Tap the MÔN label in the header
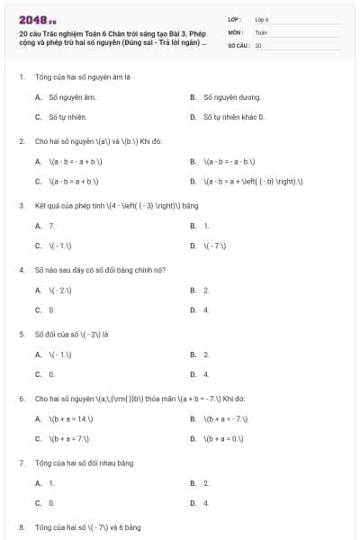click(235, 31)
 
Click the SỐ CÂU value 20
click(258, 44)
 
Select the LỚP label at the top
click(235, 18)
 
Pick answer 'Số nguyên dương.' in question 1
click(231, 96)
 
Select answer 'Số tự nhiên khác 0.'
click(234, 117)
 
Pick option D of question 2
click(252, 181)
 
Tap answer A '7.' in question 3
click(51, 225)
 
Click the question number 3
click(22, 205)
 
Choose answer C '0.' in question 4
click(51, 310)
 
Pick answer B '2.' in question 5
click(206, 354)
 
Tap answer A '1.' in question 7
click(51, 482)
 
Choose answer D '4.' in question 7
click(206, 502)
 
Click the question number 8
click(22, 526)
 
